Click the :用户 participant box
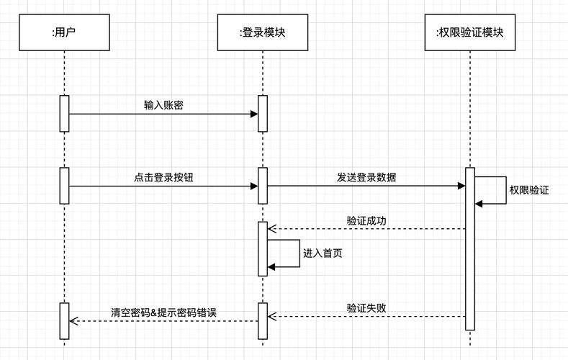tap(64, 32)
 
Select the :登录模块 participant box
tap(263, 32)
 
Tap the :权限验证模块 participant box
tap(469, 32)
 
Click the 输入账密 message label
tap(163, 105)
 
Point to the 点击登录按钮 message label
tap(163, 177)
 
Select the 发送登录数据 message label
tap(366, 177)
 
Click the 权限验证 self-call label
tap(528, 190)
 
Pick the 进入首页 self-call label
tap(323, 253)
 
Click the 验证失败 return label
tap(366, 308)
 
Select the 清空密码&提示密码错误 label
tap(163, 312)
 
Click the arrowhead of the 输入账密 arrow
tap(254, 114)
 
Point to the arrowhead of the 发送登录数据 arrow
tap(461, 186)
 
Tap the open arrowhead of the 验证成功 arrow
tap(271, 230)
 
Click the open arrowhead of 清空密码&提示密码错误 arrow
tap(73, 321)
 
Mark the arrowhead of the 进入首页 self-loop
tap(271, 267)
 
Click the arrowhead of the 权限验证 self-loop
tap(479, 204)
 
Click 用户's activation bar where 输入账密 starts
tap(64, 113)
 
